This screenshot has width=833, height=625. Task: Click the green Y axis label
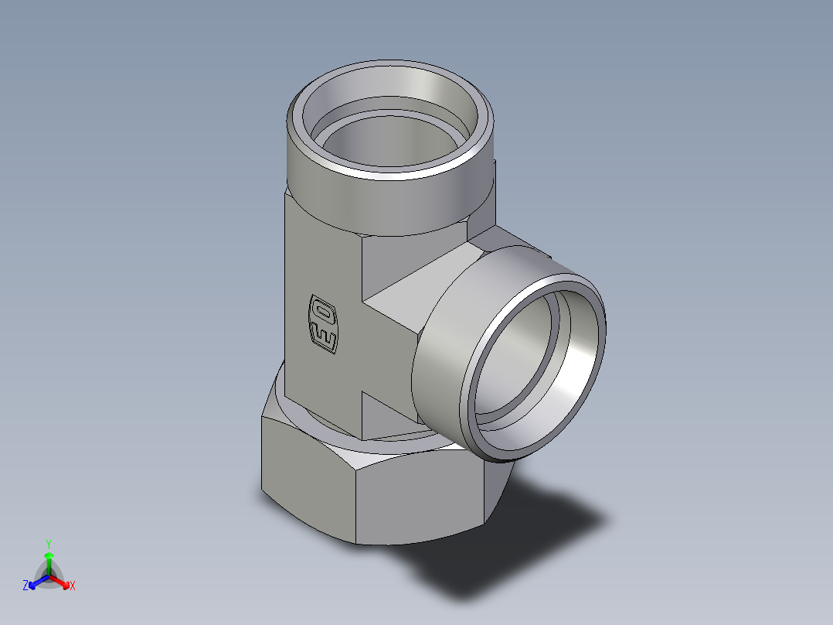point(48,543)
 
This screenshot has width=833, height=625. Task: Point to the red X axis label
point(73,586)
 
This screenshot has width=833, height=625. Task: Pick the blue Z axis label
point(25,586)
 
